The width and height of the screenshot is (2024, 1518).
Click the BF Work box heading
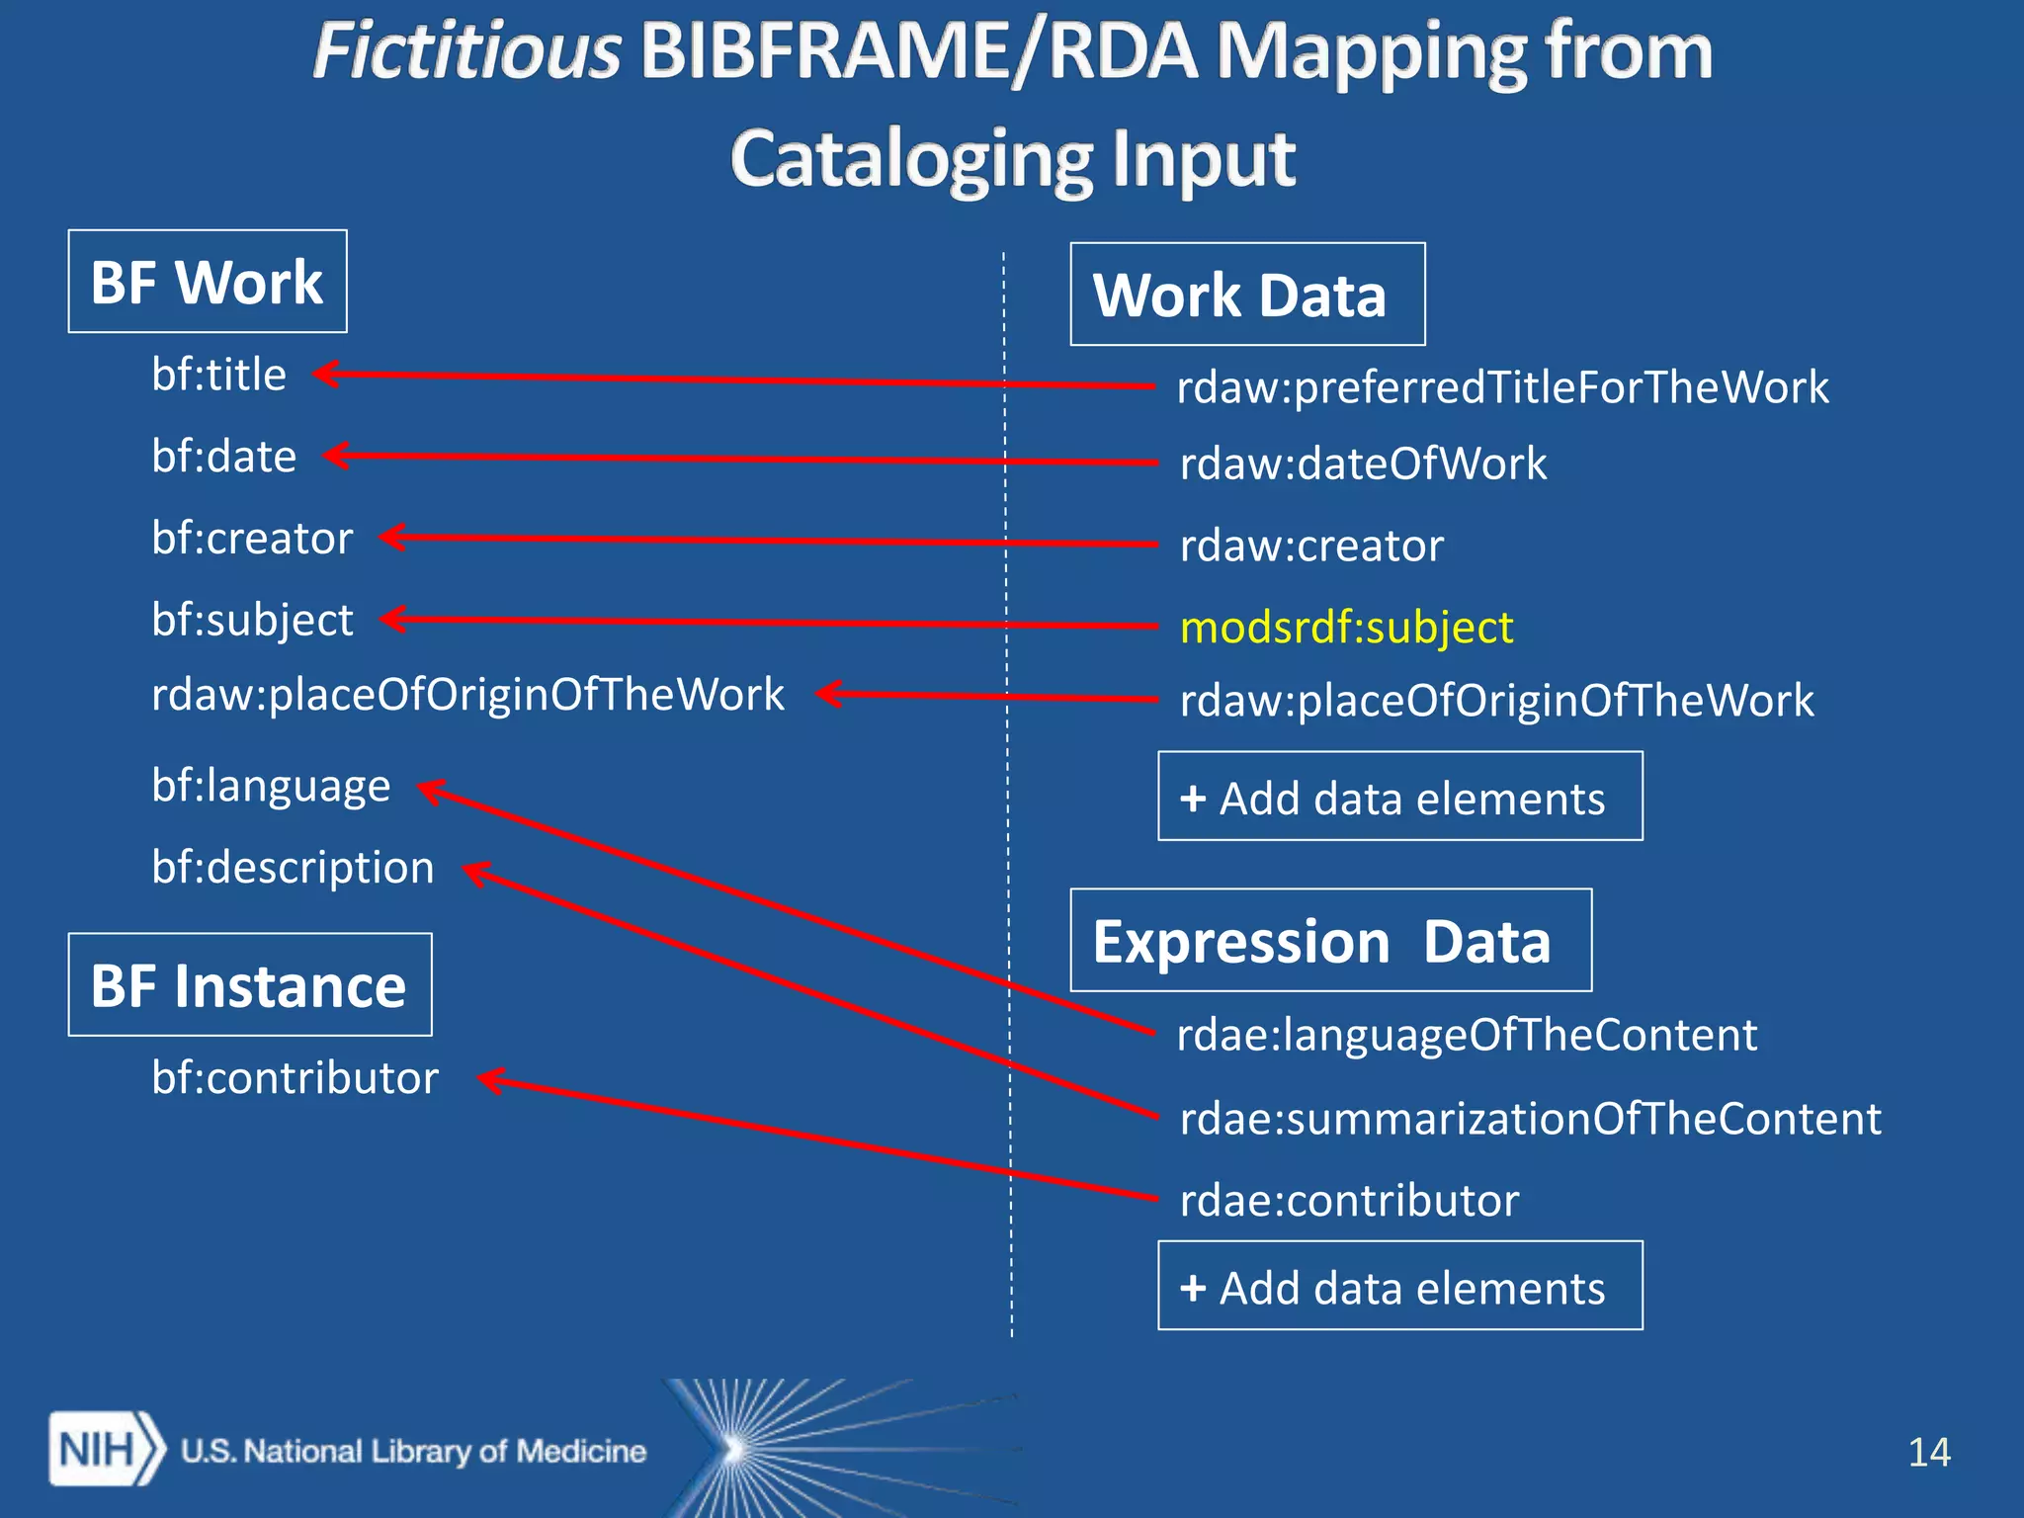click(208, 282)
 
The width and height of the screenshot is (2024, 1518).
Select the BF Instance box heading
click(249, 985)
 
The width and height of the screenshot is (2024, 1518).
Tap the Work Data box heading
click(1246, 295)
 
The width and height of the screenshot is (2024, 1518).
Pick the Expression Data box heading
click(1330, 940)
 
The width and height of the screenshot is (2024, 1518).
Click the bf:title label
click(218, 375)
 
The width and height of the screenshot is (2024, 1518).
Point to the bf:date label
click(223, 457)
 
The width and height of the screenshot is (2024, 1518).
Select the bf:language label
click(271, 787)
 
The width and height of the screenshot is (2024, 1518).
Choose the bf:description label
click(293, 868)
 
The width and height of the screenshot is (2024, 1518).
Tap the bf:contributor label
click(295, 1077)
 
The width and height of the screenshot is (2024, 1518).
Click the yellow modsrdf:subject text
click(1346, 628)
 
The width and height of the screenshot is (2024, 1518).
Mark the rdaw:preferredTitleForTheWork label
click(1502, 386)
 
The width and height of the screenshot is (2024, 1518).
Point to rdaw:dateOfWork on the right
click(1363, 464)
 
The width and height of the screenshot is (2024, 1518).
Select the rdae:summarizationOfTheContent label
click(1530, 1119)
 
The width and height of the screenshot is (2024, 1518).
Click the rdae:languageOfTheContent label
click(1467, 1035)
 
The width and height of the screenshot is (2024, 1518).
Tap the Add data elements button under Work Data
click(1399, 797)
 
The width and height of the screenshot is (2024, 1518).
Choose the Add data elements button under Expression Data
click(1399, 1287)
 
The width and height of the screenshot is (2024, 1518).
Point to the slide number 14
click(1928, 1452)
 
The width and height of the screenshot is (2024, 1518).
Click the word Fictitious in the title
click(466, 51)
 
